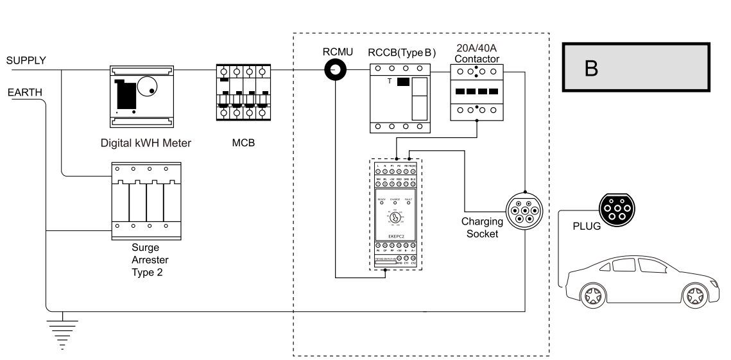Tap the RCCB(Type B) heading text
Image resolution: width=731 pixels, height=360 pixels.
pyautogui.click(x=400, y=53)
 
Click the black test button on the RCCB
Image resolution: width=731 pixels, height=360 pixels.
pyautogui.click(x=403, y=82)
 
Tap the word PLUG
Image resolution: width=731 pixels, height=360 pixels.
pyautogui.click(x=584, y=227)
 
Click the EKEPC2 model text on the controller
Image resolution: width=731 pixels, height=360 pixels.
pyautogui.click(x=395, y=236)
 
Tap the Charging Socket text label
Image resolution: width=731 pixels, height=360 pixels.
pyautogui.click(x=481, y=227)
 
